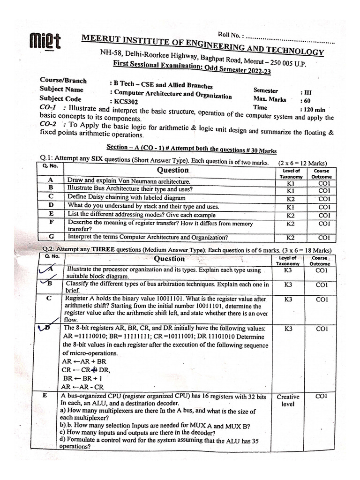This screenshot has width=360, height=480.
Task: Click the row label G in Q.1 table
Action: pos(51,237)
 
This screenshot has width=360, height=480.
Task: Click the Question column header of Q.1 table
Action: pos(173,170)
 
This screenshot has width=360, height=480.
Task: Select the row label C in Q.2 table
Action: pos(49,299)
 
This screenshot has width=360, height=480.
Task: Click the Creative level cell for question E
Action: pos(288,400)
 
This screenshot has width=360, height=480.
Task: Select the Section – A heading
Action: pos(191,148)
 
